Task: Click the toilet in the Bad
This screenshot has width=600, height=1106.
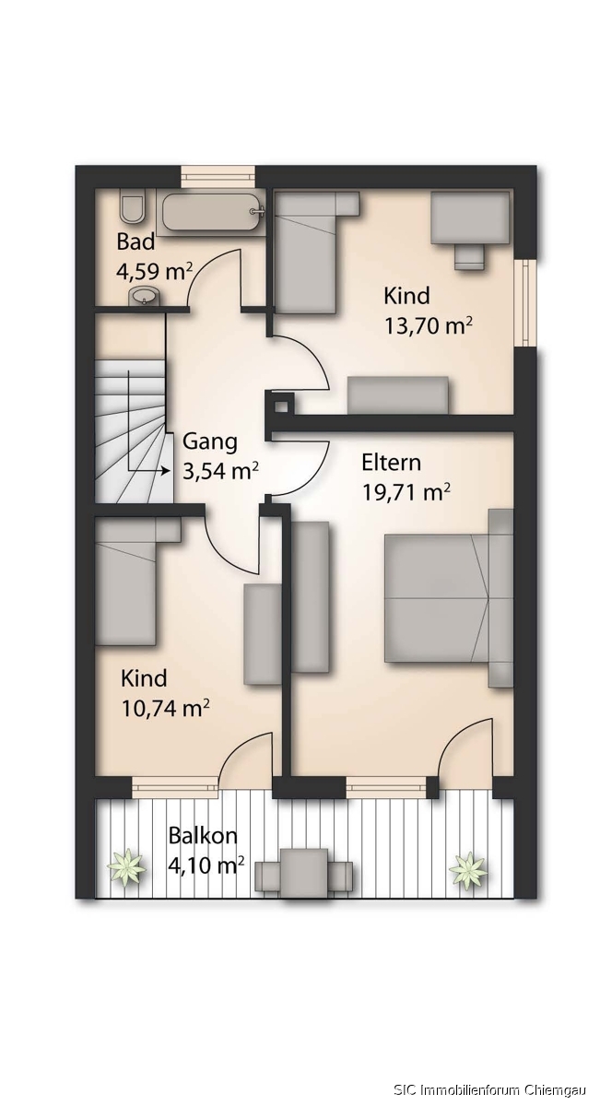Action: (x=132, y=209)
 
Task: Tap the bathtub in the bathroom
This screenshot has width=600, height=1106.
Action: (x=212, y=211)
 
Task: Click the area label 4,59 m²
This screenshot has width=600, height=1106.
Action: (x=154, y=271)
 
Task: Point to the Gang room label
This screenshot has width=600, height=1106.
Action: (x=210, y=441)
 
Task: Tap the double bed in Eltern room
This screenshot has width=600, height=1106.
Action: (x=449, y=598)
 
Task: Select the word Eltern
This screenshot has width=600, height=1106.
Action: (x=392, y=463)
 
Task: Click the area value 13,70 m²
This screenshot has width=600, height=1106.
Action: (x=429, y=326)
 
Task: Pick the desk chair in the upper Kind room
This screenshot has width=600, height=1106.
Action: (x=470, y=257)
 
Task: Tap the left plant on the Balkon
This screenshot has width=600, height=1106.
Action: (x=127, y=867)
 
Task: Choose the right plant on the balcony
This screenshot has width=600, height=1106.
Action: (x=468, y=869)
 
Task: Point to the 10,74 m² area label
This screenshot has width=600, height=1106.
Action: (x=165, y=709)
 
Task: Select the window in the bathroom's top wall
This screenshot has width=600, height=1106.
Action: (x=218, y=177)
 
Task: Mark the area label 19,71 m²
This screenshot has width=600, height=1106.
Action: (x=406, y=492)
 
